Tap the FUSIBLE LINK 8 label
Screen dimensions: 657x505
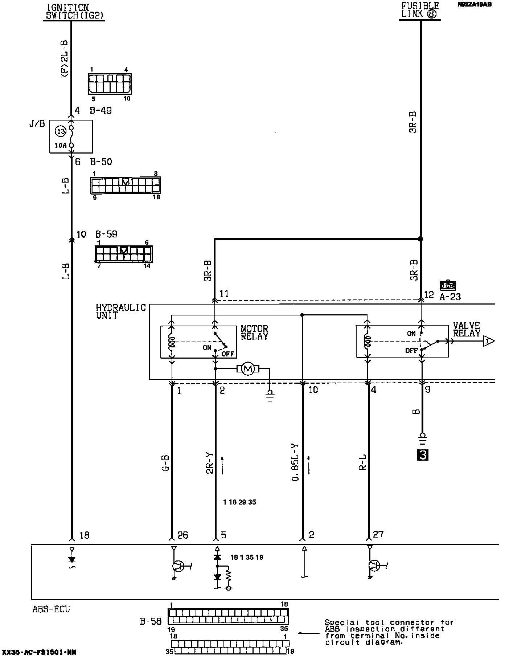tap(420, 10)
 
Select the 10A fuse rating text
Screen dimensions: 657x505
tap(61, 146)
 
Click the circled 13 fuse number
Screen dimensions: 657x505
tap(61, 131)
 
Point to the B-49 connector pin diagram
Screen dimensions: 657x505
tap(110, 84)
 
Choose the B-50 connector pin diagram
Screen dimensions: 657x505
tap(125, 185)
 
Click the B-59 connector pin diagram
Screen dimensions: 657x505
tap(123, 254)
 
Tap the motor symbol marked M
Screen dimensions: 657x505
tap(248, 369)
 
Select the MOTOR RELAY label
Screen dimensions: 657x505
tap(254, 333)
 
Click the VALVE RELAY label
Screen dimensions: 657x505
tap(466, 330)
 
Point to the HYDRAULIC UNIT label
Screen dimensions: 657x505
tap(120, 312)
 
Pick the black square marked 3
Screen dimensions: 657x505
tap(423, 455)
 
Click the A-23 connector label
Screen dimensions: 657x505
tap(450, 297)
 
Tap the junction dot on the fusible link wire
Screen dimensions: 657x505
tap(420, 239)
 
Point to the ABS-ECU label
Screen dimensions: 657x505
tap(51, 609)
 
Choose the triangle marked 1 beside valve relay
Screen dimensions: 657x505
tap(489, 341)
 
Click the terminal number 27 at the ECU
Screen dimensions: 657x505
tap(378, 534)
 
